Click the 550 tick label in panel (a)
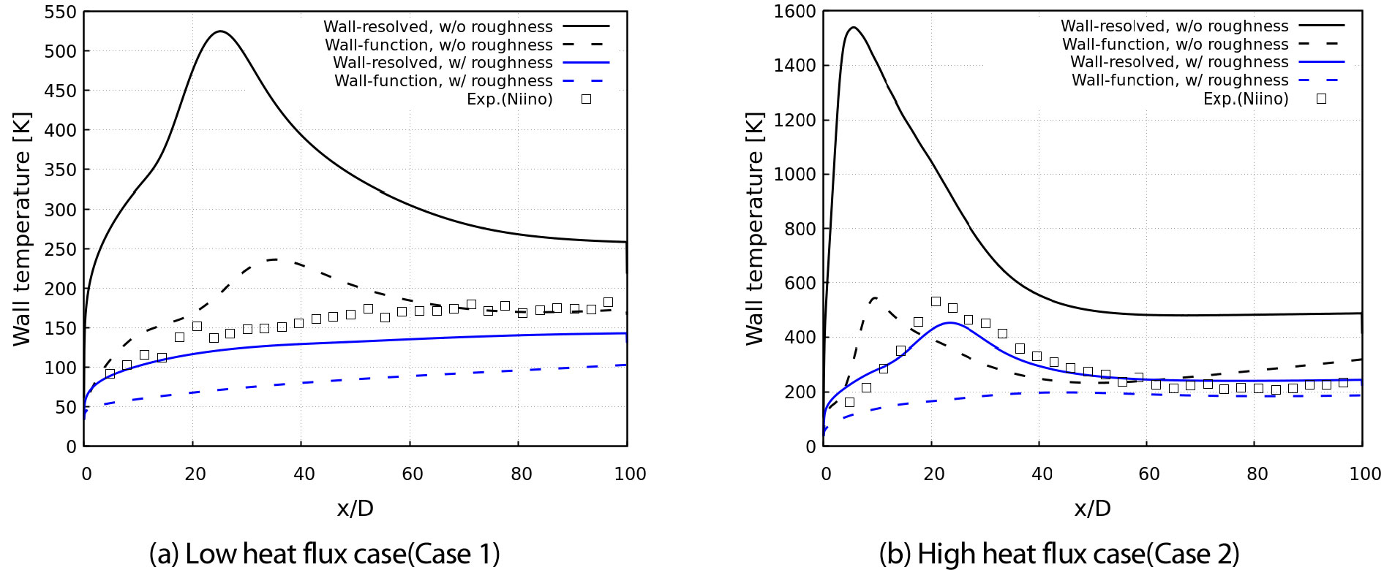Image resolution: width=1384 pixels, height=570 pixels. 60,12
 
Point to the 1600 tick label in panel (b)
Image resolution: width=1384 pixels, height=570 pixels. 794,12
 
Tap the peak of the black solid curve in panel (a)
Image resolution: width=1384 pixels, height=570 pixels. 220,31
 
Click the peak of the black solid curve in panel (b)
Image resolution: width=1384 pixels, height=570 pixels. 853,28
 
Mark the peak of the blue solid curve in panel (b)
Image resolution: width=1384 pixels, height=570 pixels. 949,322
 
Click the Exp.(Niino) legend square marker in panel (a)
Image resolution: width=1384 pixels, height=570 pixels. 586,99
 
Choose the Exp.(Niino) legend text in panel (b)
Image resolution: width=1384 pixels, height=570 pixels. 1246,99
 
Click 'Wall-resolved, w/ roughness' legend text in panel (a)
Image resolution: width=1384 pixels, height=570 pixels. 443,63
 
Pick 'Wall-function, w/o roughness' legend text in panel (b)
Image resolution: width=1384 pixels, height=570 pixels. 1175,45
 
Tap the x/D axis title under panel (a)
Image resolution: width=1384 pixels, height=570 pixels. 355,509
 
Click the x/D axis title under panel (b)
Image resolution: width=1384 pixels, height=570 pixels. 1092,509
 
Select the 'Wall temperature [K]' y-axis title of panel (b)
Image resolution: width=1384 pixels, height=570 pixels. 754,228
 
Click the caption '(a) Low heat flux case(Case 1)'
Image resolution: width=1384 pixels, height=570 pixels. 324,554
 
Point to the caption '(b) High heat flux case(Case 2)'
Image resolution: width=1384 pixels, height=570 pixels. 1058,554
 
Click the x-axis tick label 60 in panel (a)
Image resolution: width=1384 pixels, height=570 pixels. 412,474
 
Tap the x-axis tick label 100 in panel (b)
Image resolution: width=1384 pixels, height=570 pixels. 1364,474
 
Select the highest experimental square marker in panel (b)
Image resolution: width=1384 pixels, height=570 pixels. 936,301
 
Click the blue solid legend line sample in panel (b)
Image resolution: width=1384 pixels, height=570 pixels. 1321,62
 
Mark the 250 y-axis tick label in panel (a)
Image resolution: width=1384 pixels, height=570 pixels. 60,249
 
